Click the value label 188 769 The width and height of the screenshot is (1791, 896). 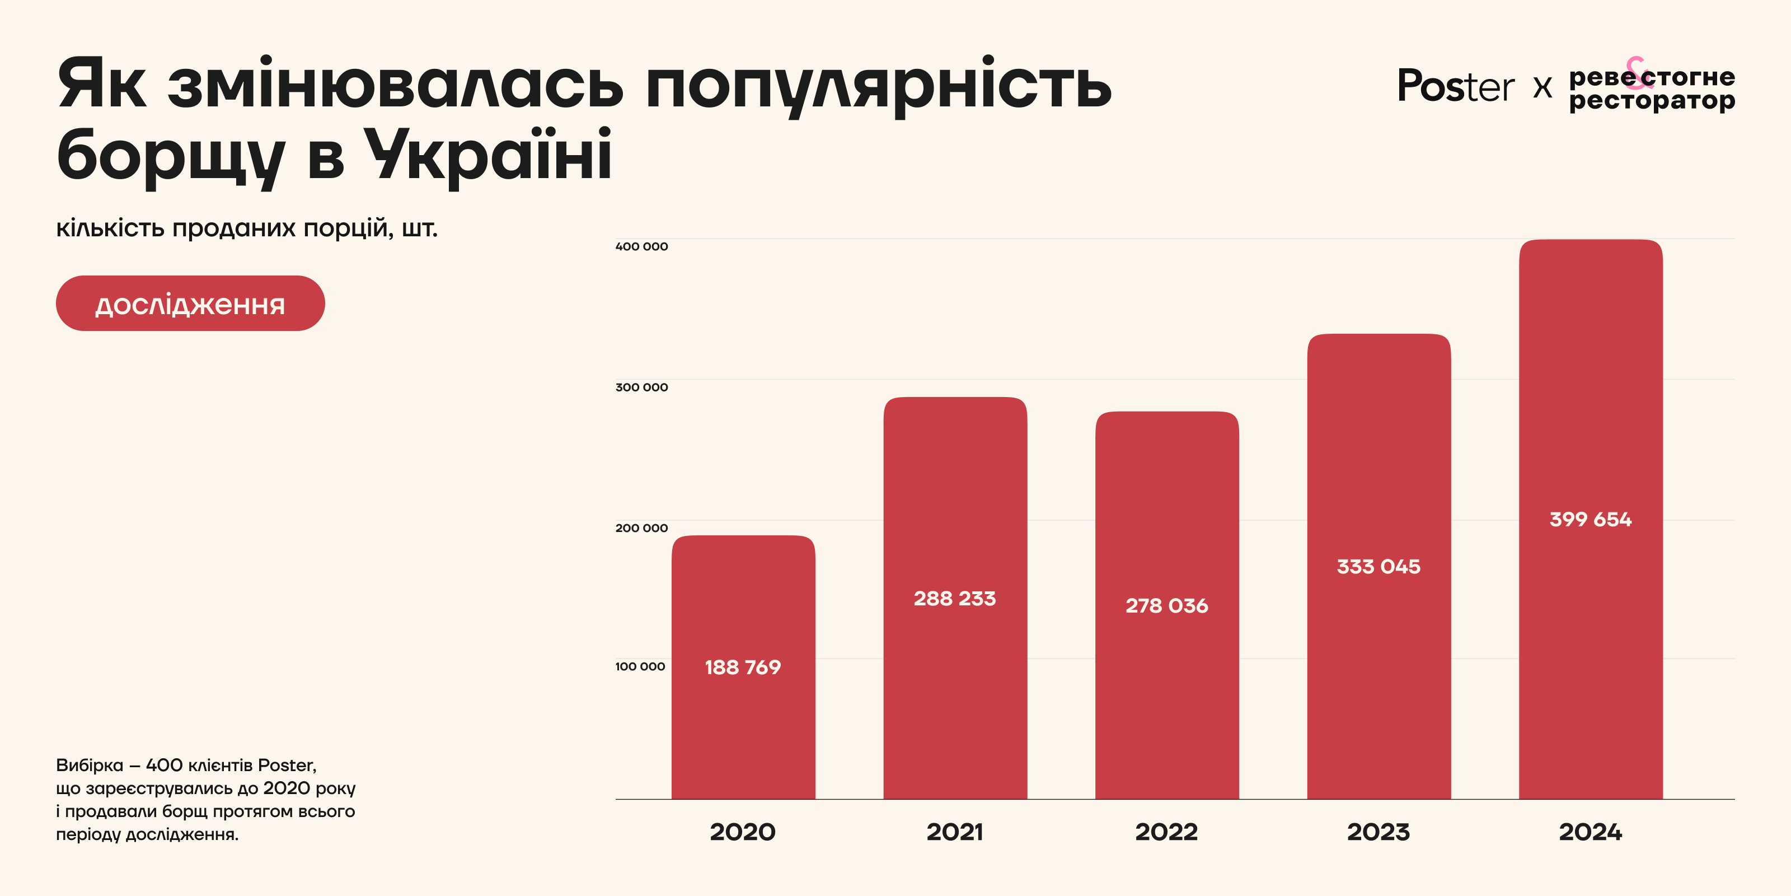coord(743,667)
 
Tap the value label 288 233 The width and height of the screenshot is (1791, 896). coord(955,598)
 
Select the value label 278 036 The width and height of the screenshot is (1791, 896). coord(1166,606)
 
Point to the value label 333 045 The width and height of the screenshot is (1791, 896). coord(1379,566)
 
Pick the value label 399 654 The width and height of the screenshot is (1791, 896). coord(1590,519)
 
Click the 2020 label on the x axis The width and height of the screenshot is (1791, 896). coord(743,832)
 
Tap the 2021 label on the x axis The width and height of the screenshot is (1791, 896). coord(955,832)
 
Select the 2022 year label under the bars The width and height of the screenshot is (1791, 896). coord(1166,832)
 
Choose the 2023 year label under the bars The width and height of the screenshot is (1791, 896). coord(1379,832)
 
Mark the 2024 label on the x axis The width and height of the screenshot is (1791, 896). coord(1590,832)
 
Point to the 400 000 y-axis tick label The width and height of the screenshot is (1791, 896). coord(641,246)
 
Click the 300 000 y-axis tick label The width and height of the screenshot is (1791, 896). coord(641,387)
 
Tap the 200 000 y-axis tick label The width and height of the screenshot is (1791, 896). coord(641,528)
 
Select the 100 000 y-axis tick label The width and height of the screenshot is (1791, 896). coord(640,666)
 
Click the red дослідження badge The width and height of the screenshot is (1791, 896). coord(190,304)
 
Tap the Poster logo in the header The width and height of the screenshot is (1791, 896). coord(1455,87)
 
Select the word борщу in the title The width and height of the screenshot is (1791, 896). coord(170,156)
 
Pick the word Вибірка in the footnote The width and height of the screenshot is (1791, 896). coord(89,765)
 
